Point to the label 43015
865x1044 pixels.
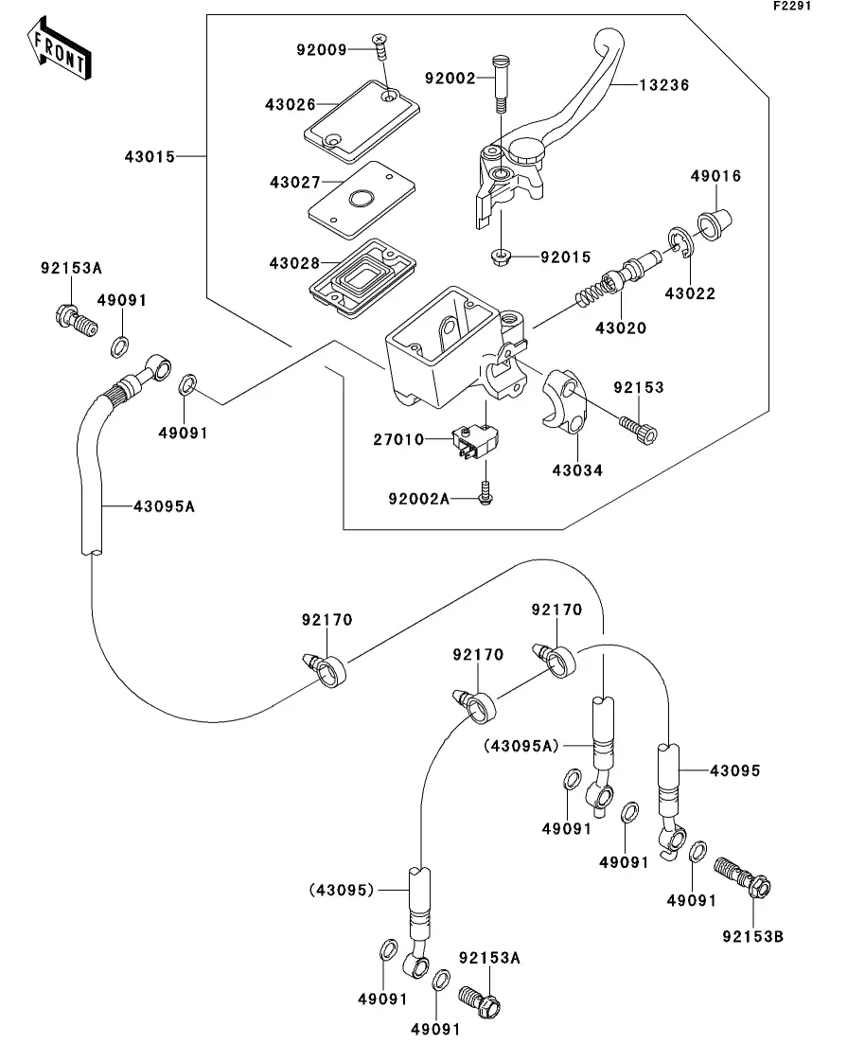(150, 156)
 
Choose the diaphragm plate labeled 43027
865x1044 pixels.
(361, 198)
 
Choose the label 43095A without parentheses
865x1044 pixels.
(164, 506)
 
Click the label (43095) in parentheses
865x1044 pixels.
(342, 890)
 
